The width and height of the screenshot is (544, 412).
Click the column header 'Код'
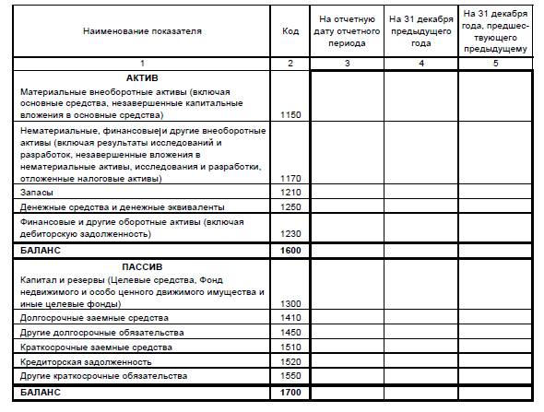pyautogui.click(x=290, y=31)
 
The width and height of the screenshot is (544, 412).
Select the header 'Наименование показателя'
pyautogui.click(x=142, y=31)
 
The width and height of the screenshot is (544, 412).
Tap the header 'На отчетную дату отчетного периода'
pyautogui.click(x=346, y=31)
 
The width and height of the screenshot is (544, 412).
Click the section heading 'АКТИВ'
pyautogui.click(x=143, y=78)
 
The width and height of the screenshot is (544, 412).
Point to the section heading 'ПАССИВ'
pyautogui.click(x=143, y=266)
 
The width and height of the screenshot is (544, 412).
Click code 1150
pyautogui.click(x=290, y=115)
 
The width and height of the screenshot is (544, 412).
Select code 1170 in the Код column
pyautogui.click(x=290, y=179)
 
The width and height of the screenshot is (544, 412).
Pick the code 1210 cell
pyautogui.click(x=290, y=193)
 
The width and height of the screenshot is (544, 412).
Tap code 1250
pyautogui.click(x=290, y=207)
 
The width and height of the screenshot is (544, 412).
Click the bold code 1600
pyautogui.click(x=290, y=250)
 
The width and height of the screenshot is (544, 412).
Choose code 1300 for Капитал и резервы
pyautogui.click(x=290, y=303)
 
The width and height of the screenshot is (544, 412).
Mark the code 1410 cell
pyautogui.click(x=290, y=318)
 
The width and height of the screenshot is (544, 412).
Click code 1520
pyautogui.click(x=290, y=361)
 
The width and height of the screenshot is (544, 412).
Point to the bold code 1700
pyautogui.click(x=290, y=393)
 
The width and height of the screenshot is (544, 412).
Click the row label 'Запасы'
pyautogui.click(x=36, y=193)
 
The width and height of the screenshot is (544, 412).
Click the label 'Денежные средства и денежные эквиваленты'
pyautogui.click(x=112, y=207)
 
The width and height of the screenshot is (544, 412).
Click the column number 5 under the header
pyautogui.click(x=495, y=63)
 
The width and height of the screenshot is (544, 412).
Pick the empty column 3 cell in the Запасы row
pyautogui.click(x=346, y=193)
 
